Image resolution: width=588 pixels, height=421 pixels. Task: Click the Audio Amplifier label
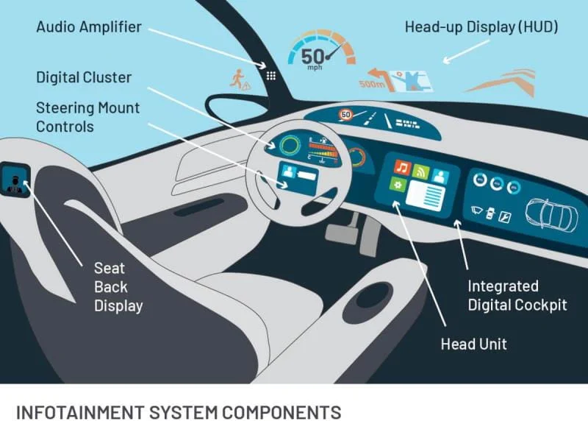(x=89, y=27)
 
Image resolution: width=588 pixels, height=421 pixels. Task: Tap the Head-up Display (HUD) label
(x=481, y=27)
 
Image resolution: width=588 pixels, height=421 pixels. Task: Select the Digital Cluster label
(x=84, y=77)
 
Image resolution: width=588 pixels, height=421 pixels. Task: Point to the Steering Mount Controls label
(x=87, y=117)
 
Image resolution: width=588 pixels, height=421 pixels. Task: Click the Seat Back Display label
(x=118, y=287)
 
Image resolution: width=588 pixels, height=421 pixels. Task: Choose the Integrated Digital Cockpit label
(x=517, y=296)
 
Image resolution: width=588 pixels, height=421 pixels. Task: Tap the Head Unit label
(x=473, y=344)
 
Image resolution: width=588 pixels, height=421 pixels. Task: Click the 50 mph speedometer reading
(x=313, y=58)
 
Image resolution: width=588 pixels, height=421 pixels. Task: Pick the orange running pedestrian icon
(x=237, y=79)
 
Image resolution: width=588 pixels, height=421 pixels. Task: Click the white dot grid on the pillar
(x=271, y=76)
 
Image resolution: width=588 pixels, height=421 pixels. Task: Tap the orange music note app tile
(x=402, y=167)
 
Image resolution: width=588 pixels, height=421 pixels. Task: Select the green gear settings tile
(x=398, y=184)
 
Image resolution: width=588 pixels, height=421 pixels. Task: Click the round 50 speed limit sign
(x=345, y=115)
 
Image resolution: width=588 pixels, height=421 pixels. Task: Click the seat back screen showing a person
(x=15, y=180)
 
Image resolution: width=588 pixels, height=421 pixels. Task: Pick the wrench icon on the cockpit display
(x=505, y=216)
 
